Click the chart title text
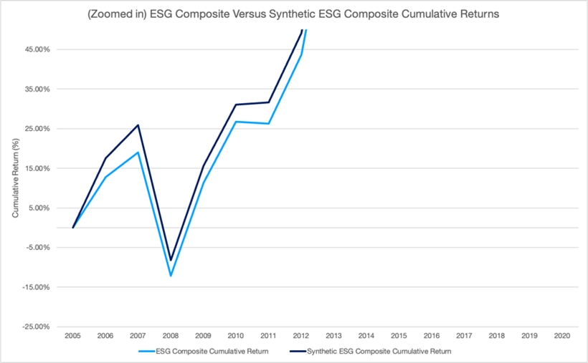(293, 14)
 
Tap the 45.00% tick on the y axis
(47, 50)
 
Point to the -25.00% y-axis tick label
(47, 327)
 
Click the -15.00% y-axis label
(47, 288)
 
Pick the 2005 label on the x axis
(72, 336)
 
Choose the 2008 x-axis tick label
(171, 336)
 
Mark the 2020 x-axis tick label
(563, 336)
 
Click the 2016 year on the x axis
(432, 336)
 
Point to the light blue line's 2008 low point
(171, 276)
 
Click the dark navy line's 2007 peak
(138, 125)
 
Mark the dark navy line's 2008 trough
(171, 260)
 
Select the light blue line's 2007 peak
(138, 152)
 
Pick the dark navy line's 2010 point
(236, 105)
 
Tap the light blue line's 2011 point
(269, 124)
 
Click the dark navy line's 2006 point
(105, 158)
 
